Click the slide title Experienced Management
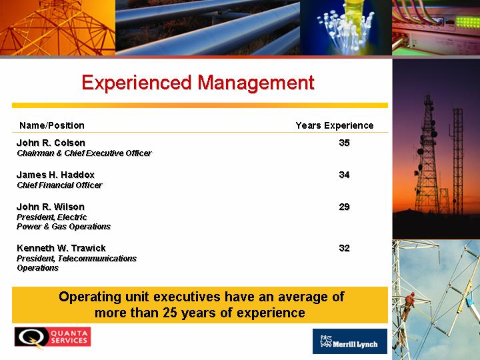pyautogui.click(x=198, y=83)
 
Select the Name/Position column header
pyautogui.click(x=52, y=125)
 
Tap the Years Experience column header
pyautogui.click(x=335, y=125)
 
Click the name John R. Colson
pyautogui.click(x=51, y=143)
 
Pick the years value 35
pyautogui.click(x=345, y=143)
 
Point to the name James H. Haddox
pyautogui.click(x=55, y=175)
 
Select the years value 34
pyautogui.click(x=345, y=175)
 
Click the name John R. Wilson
pyautogui.click(x=51, y=207)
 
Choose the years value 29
pyautogui.click(x=345, y=207)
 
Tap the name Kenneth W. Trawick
pyautogui.click(x=61, y=248)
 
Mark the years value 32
pyautogui.click(x=345, y=248)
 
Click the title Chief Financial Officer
pyautogui.click(x=60, y=185)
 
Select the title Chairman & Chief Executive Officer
pyautogui.click(x=84, y=153)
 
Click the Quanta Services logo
pyautogui.click(x=53, y=337)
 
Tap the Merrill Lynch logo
pyautogui.click(x=350, y=341)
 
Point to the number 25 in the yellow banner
pyautogui.click(x=170, y=313)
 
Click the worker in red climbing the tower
pyautogui.click(x=408, y=305)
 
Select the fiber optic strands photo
pyautogui.click(x=346, y=27)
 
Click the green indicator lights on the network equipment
pyautogui.click(x=467, y=22)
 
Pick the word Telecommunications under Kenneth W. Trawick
pyautogui.click(x=97, y=259)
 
